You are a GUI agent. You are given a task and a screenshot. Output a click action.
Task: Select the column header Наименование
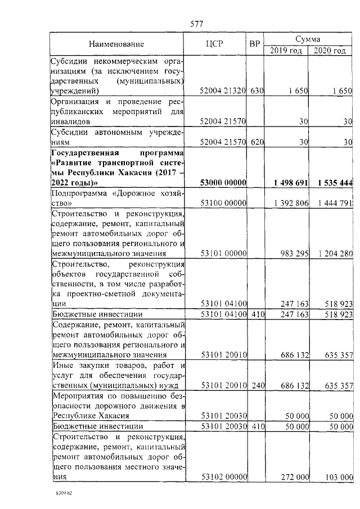coord(116,44)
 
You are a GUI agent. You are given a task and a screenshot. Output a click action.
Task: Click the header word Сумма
coord(308,39)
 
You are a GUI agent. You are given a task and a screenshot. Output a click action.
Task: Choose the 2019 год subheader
coord(286,51)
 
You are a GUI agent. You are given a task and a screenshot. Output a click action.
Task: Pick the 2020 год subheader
coord(330,51)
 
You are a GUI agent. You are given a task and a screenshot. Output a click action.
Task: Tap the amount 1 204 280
coord(334,254)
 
